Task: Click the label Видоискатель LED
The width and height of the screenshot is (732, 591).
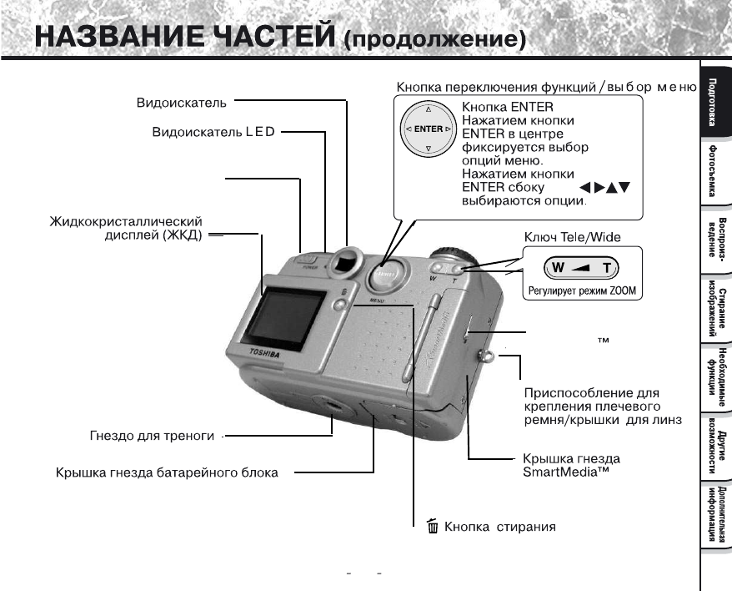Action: coord(215,133)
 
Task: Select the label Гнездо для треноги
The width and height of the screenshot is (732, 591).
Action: coord(152,436)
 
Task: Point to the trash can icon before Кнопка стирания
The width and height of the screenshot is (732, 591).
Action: coord(431,526)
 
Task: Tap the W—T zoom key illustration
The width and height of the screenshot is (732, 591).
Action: coord(578,269)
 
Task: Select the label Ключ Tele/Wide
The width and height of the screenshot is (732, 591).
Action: coord(571,238)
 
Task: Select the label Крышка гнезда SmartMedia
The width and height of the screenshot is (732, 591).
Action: coord(570,466)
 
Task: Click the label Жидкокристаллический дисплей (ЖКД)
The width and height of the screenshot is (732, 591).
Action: coord(126,228)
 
